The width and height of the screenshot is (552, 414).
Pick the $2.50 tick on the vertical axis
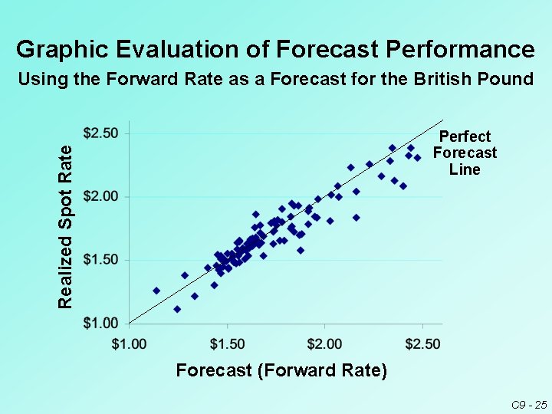(x=100, y=133)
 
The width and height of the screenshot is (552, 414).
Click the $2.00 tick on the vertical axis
(x=100, y=196)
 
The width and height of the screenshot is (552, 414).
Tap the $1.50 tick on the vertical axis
(x=100, y=260)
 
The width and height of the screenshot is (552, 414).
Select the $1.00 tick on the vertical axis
(x=100, y=323)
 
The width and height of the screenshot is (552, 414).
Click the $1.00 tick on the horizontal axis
(x=129, y=343)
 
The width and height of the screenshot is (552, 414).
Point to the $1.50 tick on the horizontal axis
(x=227, y=343)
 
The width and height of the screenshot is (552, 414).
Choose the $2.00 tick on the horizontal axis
(x=324, y=343)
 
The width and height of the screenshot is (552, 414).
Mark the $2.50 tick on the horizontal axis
(x=422, y=343)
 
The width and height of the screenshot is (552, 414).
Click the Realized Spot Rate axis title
(x=67, y=226)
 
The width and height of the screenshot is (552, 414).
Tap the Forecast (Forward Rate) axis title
(x=281, y=371)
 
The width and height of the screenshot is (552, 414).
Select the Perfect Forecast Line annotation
(x=465, y=153)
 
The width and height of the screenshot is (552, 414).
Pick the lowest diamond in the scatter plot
(x=177, y=309)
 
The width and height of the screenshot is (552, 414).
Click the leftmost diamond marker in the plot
(x=156, y=291)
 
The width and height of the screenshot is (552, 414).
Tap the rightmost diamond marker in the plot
(x=418, y=158)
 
